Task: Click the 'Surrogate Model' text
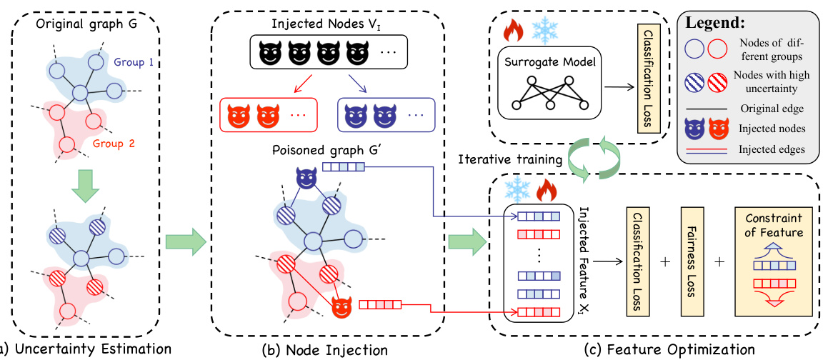tap(548, 62)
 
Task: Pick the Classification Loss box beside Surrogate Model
tap(650, 79)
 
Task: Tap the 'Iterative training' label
tap(510, 161)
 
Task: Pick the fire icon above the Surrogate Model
tap(513, 30)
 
